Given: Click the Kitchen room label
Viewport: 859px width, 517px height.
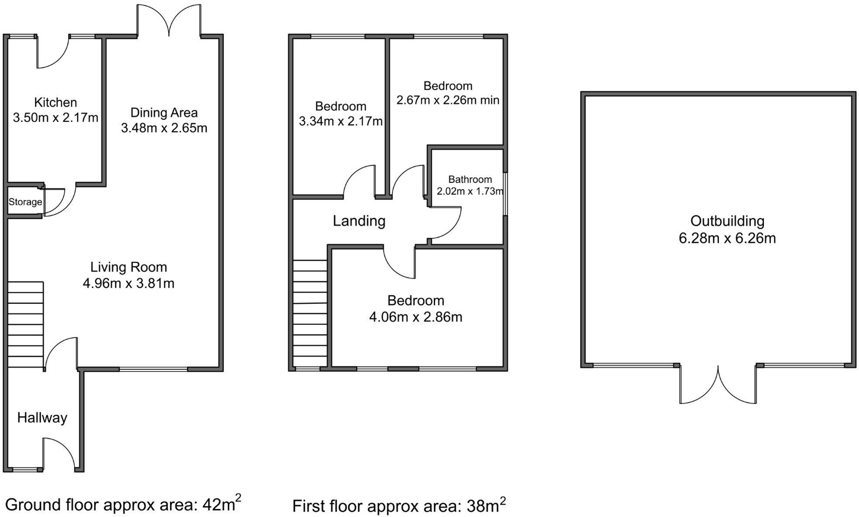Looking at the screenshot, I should click(55, 103).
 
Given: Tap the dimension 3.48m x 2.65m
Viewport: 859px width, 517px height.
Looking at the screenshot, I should click(164, 128).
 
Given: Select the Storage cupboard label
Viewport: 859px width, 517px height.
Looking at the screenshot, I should click(25, 202).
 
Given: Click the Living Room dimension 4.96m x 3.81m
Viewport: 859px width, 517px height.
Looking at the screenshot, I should click(128, 283).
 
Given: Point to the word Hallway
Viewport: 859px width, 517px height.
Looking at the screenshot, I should click(42, 418).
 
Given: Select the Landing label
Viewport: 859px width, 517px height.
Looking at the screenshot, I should click(359, 221).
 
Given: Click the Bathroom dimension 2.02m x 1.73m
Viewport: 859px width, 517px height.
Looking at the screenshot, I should click(470, 191).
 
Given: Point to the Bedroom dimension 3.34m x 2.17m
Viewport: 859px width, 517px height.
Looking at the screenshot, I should click(340, 121).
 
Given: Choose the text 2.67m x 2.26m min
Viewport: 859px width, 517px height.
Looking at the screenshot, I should click(447, 100).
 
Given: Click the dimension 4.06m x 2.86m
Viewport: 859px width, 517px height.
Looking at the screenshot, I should click(416, 317).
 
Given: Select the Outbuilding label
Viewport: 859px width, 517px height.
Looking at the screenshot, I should click(727, 221).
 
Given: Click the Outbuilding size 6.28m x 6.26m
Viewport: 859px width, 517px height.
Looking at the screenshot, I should click(727, 238).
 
